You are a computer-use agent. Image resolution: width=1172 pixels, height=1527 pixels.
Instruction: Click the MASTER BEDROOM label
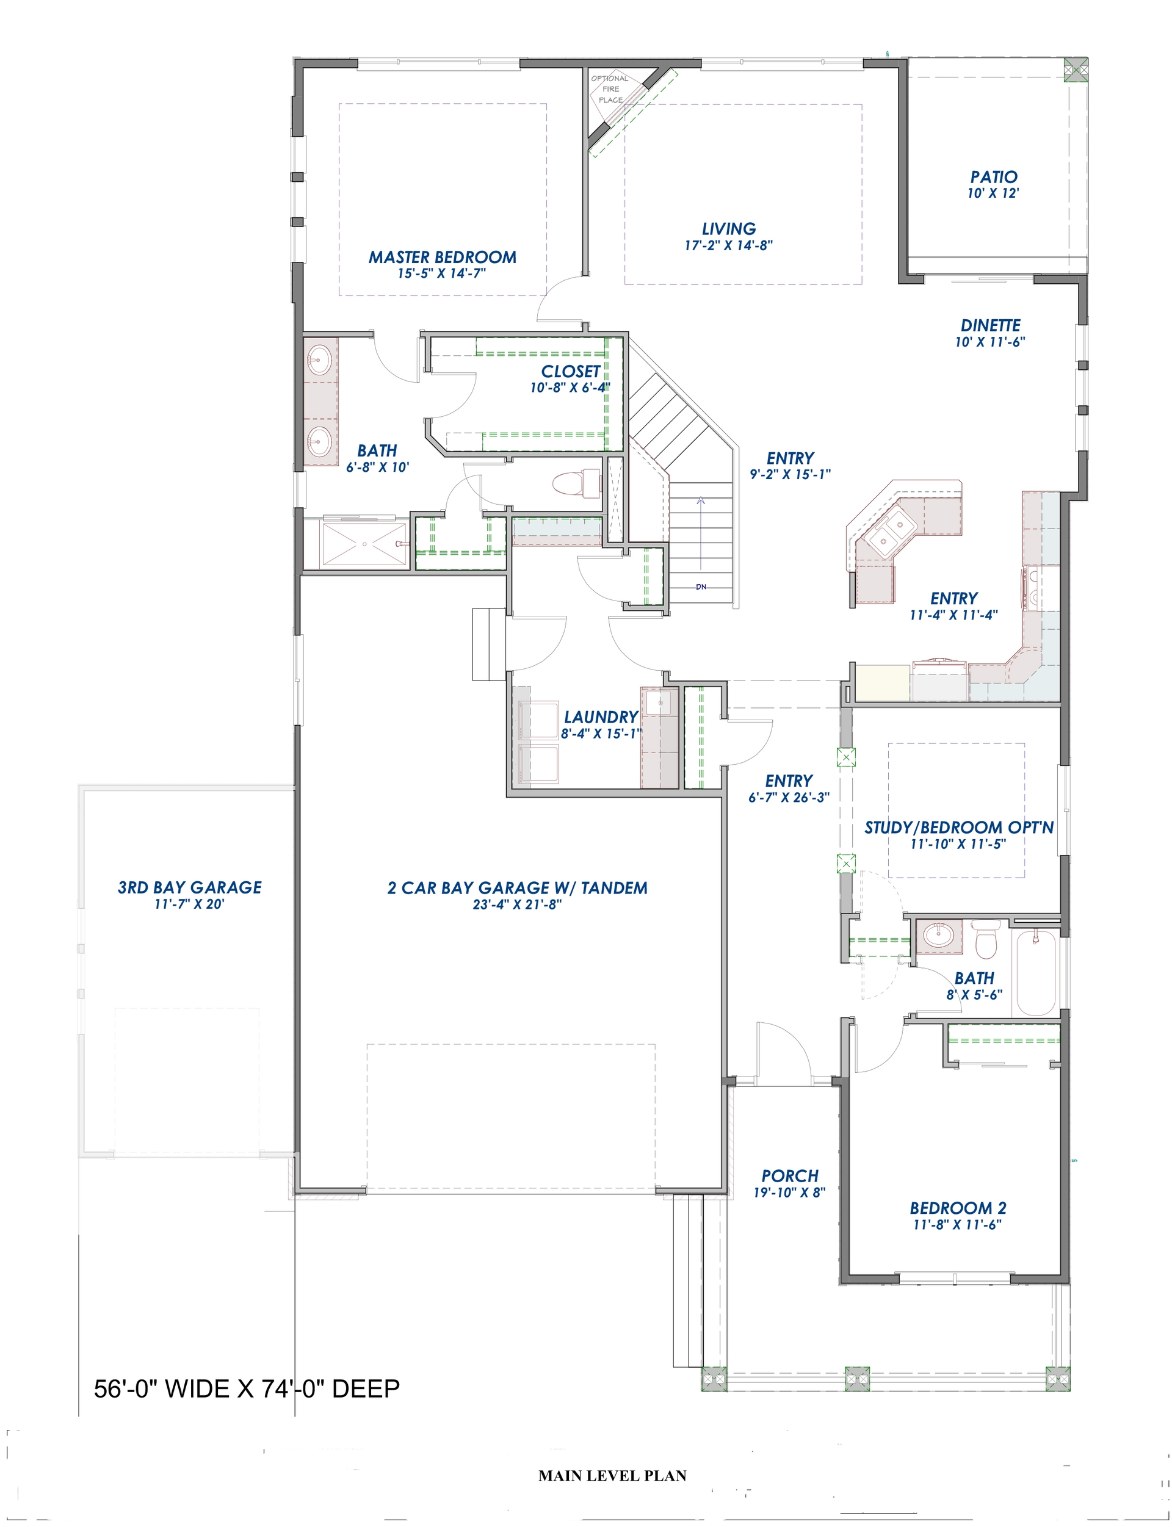pos(443,257)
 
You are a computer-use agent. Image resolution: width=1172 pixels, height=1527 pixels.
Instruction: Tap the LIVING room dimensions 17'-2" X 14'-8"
pos(728,245)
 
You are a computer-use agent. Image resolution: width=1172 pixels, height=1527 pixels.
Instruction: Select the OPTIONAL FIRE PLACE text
pos(610,88)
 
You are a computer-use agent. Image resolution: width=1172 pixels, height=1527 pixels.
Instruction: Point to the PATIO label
pos(993,177)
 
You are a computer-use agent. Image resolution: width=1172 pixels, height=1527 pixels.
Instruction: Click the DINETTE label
pos(990,325)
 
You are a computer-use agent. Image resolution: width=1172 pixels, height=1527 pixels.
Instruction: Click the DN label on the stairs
pos(701,587)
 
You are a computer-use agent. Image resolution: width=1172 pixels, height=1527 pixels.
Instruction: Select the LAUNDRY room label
pos(601,717)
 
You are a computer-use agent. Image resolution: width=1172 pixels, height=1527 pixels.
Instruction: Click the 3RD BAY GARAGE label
pos(189,887)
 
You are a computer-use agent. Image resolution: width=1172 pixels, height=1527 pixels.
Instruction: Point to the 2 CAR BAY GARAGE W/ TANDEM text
pos(517,888)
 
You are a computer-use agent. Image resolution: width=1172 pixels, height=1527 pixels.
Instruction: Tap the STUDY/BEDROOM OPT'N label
pos(958,828)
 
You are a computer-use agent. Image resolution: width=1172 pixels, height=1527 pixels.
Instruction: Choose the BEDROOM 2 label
pos(957,1208)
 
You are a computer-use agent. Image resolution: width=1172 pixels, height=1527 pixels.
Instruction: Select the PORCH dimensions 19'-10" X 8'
pos(789,1192)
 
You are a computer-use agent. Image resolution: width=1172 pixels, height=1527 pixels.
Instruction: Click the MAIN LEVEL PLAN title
pos(612,1475)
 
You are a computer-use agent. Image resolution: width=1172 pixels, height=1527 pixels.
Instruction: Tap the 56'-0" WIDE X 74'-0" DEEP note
pos(247,1389)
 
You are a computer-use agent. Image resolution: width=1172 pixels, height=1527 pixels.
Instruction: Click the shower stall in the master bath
pos(363,543)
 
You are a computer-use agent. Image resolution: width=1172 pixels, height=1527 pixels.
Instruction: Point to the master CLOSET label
pos(571,371)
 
